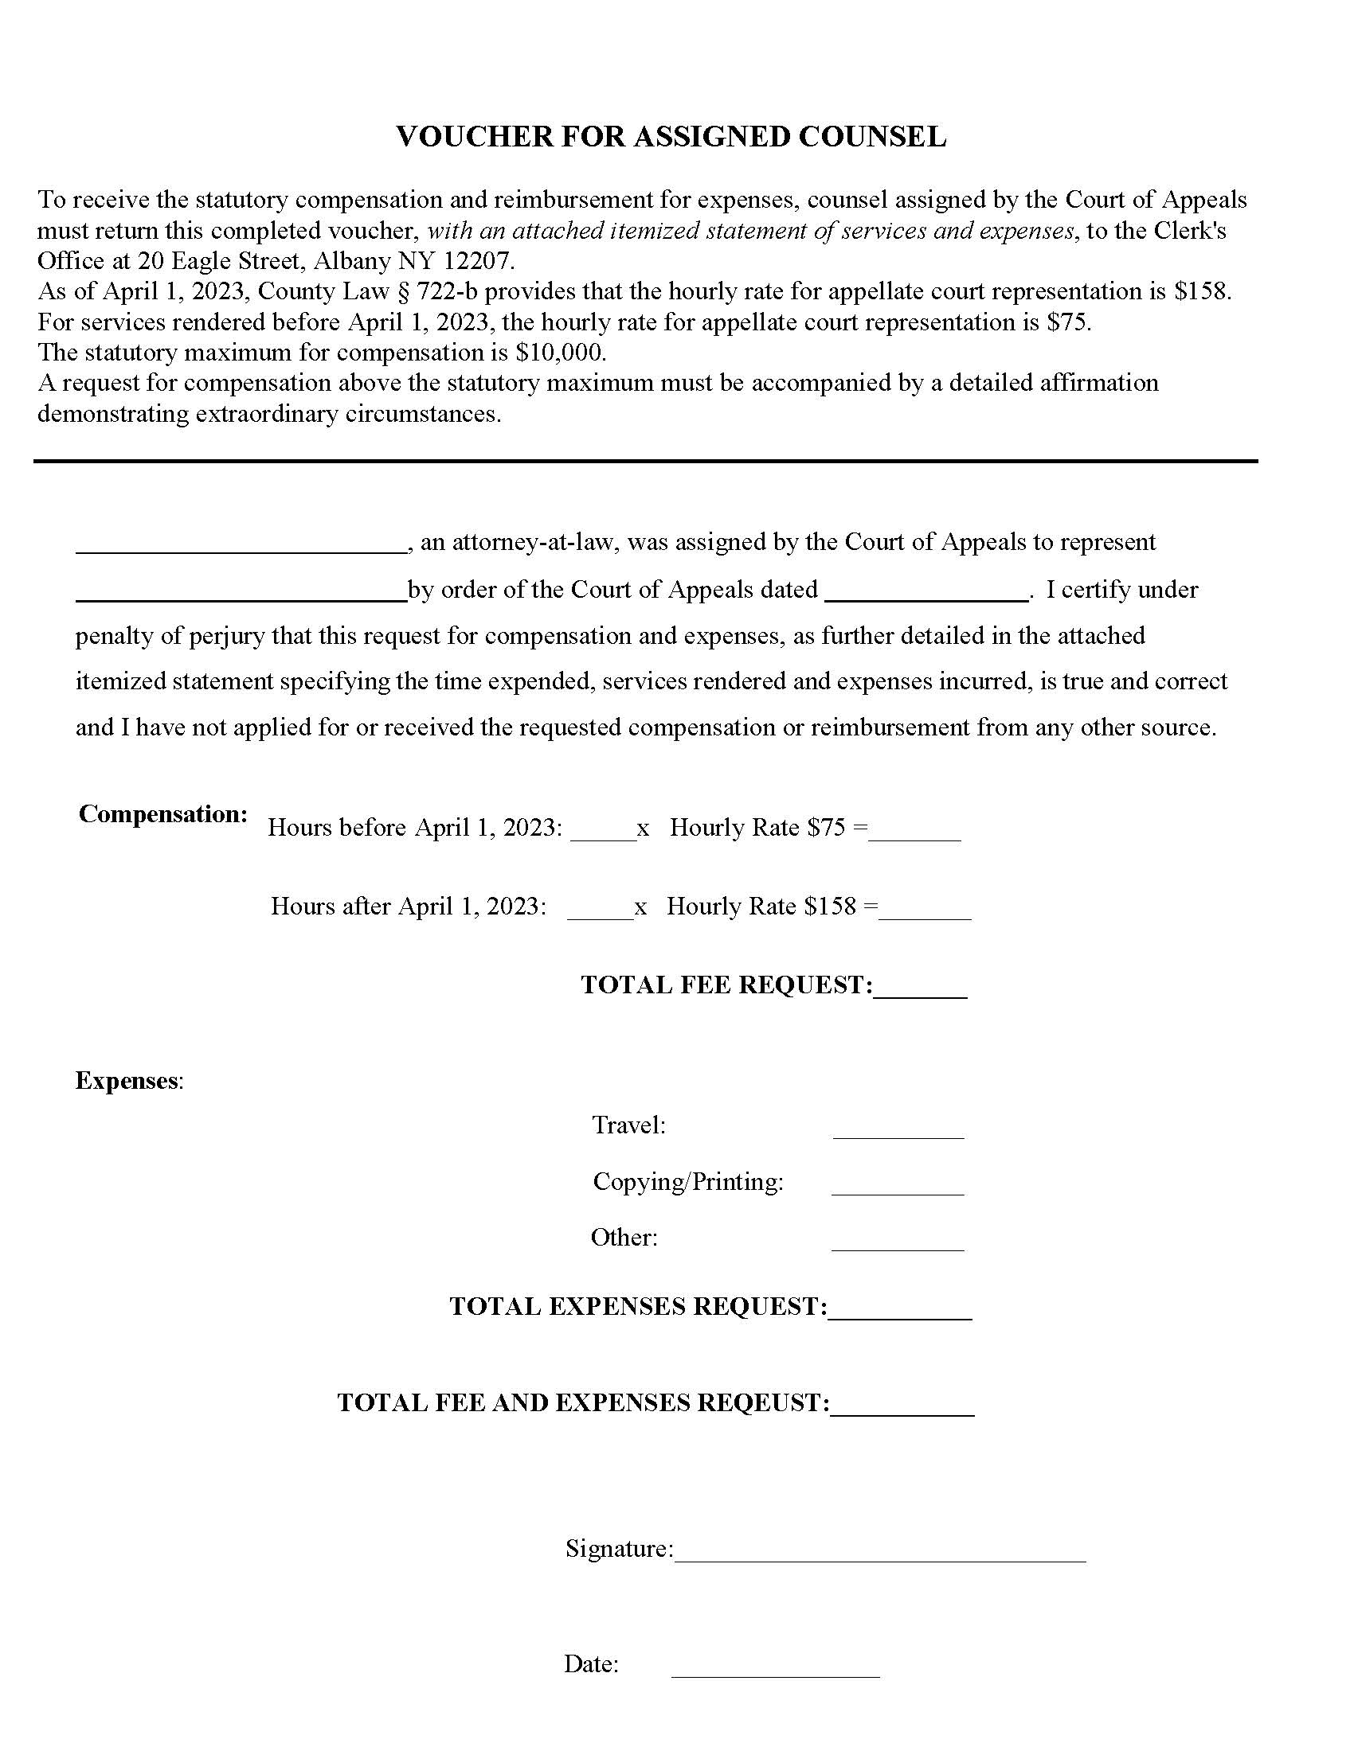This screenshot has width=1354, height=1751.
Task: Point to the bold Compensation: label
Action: [162, 813]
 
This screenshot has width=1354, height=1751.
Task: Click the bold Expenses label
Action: [127, 1081]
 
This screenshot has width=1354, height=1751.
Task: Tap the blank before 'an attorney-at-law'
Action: [241, 545]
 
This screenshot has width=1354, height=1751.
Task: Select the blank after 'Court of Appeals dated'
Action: [925, 592]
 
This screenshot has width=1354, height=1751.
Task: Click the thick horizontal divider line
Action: [645, 461]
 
